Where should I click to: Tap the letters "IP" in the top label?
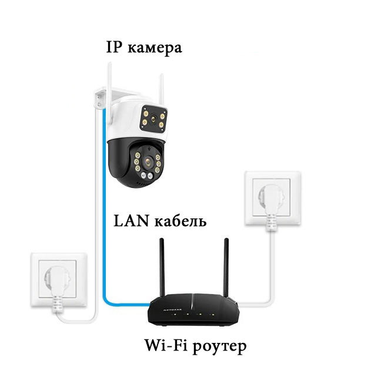113,47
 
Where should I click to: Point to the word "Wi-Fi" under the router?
162,344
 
